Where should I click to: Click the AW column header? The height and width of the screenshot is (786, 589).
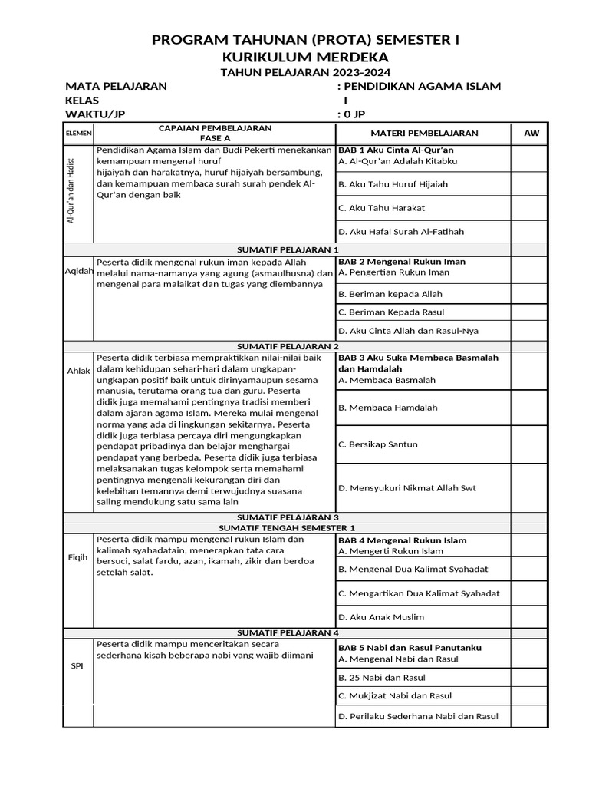pos(531,133)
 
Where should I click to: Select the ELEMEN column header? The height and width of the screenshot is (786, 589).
pos(78,133)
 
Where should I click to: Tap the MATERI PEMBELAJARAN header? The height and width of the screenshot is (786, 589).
pos(423,133)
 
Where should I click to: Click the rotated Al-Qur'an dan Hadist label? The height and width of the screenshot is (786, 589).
pos(71,195)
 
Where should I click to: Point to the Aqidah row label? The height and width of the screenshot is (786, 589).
pos(79,271)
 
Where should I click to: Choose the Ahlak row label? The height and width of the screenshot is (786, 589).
pos(79,372)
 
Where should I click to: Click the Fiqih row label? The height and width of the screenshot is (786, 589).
pos(79,557)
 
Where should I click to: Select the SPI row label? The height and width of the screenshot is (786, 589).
pos(78,665)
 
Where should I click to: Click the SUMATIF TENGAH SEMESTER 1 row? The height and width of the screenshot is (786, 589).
pos(287,528)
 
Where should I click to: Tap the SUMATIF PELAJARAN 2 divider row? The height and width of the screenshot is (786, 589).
pos(287,346)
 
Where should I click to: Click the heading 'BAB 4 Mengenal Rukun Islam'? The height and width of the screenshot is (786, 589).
pos(402,540)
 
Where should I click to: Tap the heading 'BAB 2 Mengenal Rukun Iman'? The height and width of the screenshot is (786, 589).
pos(402,262)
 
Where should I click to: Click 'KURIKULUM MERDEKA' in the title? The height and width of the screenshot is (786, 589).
pos(306,58)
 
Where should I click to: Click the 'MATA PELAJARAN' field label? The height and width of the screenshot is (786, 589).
pos(116,86)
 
